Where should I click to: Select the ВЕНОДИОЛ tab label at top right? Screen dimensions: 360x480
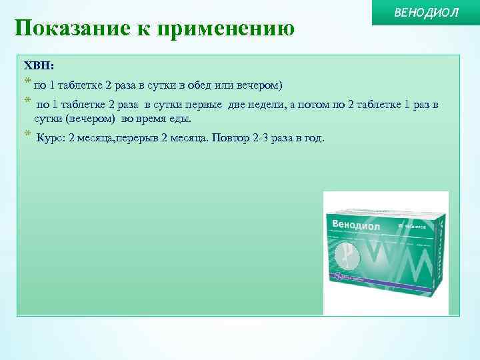[427, 13]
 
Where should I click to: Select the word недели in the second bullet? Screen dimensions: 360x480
[267, 105]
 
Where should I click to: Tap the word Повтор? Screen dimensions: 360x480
[229, 138]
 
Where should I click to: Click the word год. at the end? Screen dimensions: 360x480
[313, 138]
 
